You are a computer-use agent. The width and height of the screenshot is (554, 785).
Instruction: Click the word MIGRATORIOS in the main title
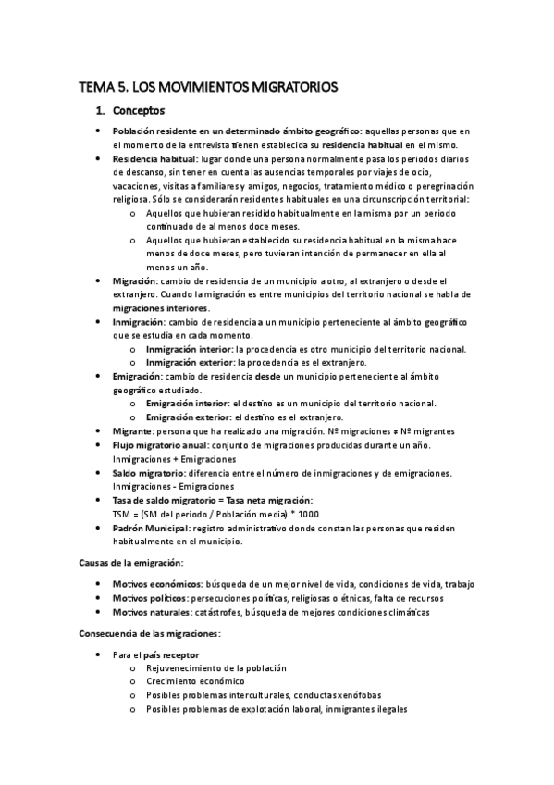pyautogui.click(x=285, y=88)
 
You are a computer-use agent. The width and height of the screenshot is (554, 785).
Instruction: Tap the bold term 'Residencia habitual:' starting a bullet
pyautogui.click(x=152, y=159)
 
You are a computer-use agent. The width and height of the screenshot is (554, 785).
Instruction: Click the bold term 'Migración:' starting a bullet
pyautogui.click(x=136, y=280)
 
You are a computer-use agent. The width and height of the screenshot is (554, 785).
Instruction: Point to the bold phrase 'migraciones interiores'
pyautogui.click(x=161, y=307)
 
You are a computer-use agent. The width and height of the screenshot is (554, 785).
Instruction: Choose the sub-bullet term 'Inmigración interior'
pyautogui.click(x=190, y=348)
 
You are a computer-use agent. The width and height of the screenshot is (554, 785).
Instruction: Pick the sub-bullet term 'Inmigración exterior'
pyautogui.click(x=191, y=362)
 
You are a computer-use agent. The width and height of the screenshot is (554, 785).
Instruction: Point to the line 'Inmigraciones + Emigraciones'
pyautogui.click(x=174, y=459)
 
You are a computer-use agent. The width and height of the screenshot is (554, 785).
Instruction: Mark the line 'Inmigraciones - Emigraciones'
pyautogui.click(x=173, y=486)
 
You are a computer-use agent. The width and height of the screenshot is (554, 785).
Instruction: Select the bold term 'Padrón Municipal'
pyautogui.click(x=152, y=528)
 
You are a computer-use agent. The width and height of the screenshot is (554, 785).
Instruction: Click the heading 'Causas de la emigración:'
pyautogui.click(x=129, y=562)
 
